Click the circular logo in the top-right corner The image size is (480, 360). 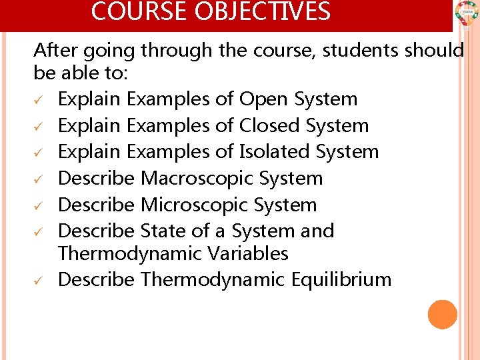(x=466, y=13)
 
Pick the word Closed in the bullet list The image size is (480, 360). (x=269, y=125)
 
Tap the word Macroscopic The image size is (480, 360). (x=188, y=179)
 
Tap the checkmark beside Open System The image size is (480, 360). (x=39, y=101)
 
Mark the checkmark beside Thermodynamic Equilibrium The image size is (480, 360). (x=39, y=281)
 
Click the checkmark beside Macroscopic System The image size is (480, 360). (x=39, y=180)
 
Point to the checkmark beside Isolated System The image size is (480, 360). (x=39, y=153)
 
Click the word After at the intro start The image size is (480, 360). (x=55, y=50)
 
